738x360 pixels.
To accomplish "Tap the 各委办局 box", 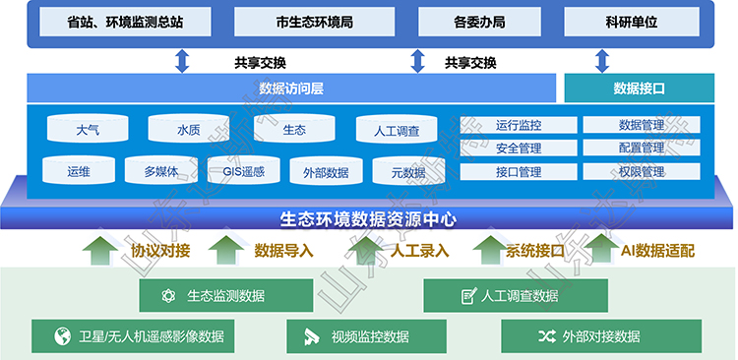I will point(479,21).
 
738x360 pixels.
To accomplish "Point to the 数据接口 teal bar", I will point(640,89).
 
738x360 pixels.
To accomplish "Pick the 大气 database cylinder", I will point(87,129).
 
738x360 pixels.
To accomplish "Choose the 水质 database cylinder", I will point(189,129).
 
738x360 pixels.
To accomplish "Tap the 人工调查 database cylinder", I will point(397,130).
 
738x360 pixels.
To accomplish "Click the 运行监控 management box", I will point(519,125).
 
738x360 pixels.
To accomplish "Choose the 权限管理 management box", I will point(642,172).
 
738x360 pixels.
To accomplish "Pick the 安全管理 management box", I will point(519,149).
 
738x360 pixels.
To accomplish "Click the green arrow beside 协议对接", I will point(98,250).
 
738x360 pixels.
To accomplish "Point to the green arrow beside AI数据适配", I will point(601,250).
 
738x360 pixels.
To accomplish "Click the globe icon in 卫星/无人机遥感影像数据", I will point(61,336).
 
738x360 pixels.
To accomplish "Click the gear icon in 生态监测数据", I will point(168,295).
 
